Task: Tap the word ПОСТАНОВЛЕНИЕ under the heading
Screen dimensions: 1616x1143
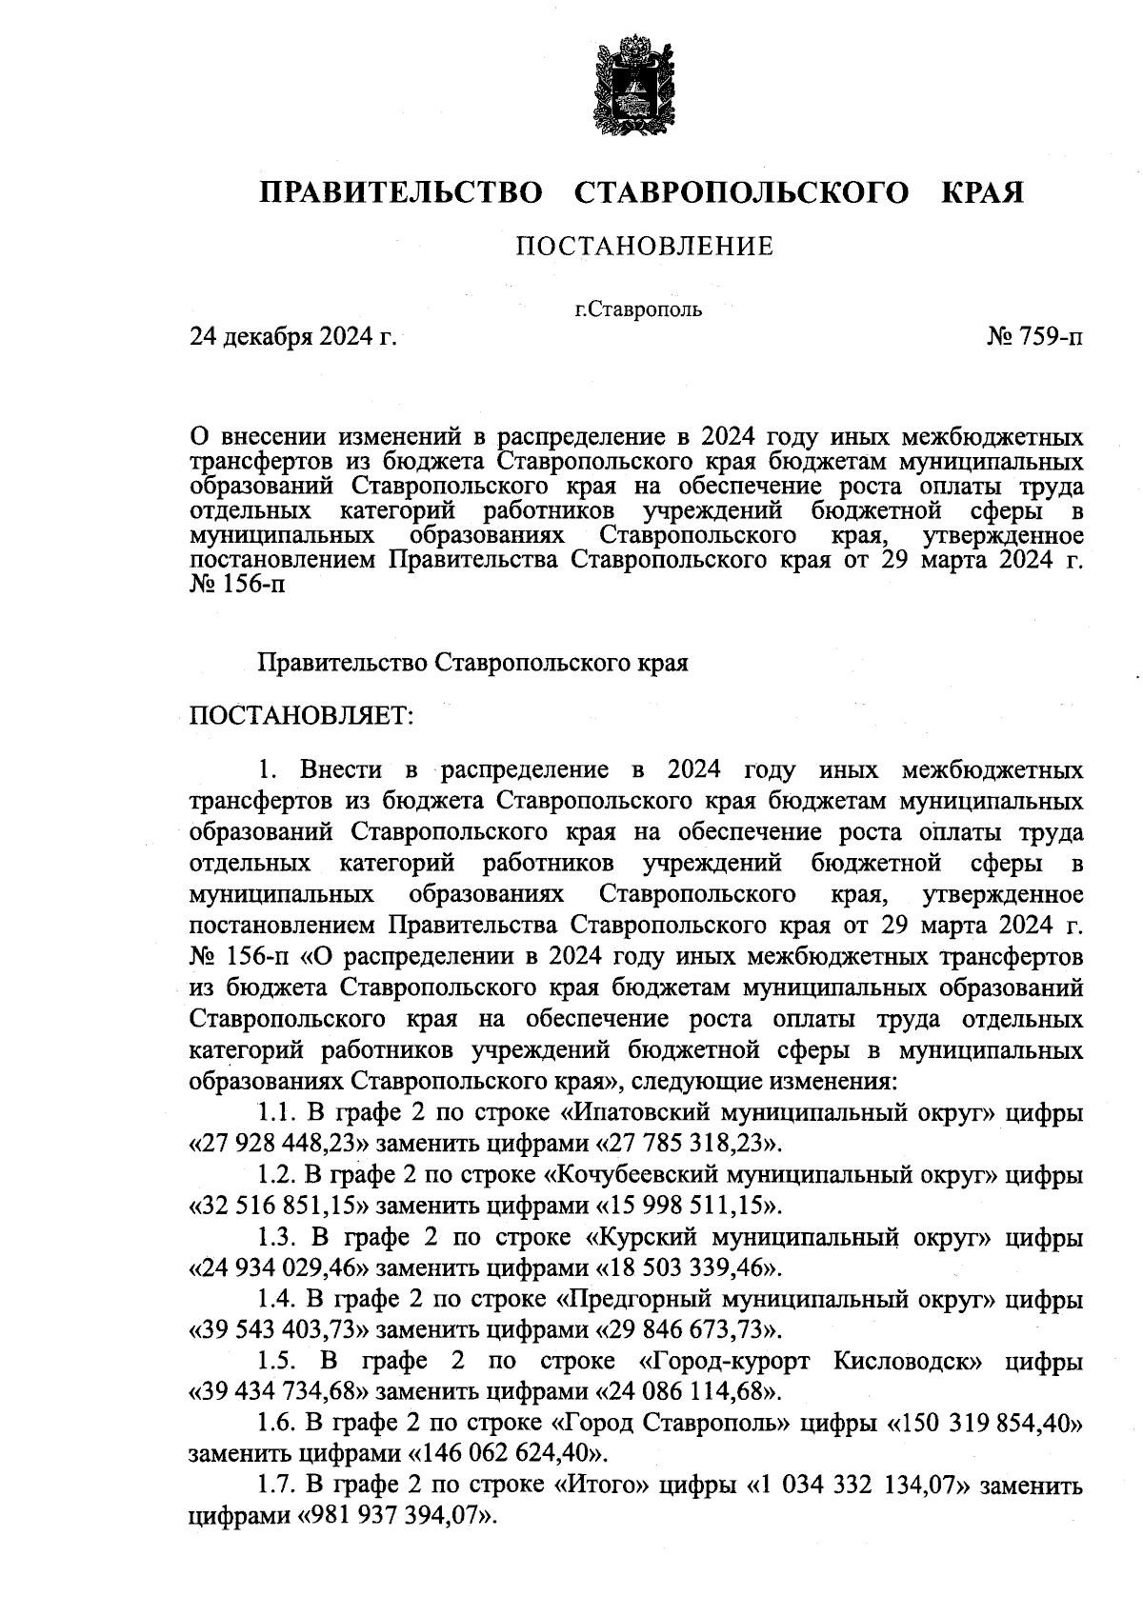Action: [645, 248]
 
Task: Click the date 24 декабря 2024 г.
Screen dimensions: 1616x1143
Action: [292, 336]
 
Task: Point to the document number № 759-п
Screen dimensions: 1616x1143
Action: [1035, 336]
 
